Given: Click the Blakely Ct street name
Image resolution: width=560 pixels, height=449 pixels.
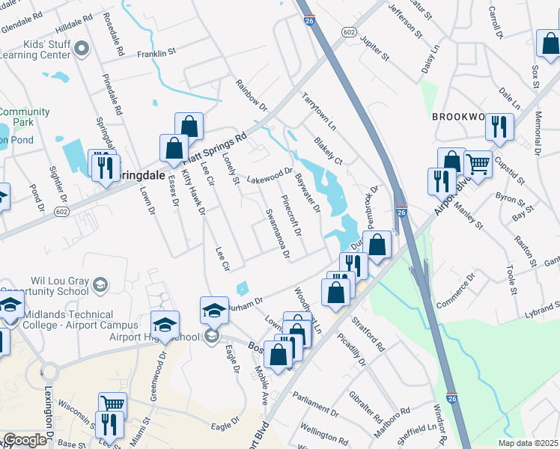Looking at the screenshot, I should click(x=328, y=150).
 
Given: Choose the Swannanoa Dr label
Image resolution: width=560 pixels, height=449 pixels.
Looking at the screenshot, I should click(x=277, y=233).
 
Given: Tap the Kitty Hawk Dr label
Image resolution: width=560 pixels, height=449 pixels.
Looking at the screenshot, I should click(x=195, y=191).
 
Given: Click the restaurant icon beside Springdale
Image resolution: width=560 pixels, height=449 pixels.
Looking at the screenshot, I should click(x=104, y=166).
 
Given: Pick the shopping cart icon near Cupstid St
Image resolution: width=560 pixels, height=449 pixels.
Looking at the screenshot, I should click(x=478, y=164).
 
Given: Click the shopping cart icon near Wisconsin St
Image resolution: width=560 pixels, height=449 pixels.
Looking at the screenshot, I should click(x=112, y=404).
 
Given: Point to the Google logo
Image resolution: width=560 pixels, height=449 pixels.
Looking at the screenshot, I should click(x=25, y=440).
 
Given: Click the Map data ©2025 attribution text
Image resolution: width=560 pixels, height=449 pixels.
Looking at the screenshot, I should click(x=527, y=443).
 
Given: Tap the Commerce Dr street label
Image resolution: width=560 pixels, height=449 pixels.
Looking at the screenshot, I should click(x=456, y=291).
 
